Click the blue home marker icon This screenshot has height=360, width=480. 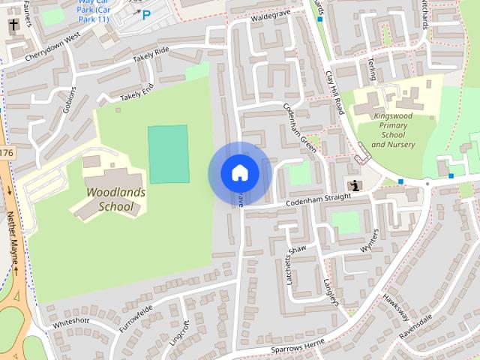pos(239,173)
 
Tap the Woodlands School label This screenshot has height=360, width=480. pos(115,199)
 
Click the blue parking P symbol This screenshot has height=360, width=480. pos(146,14)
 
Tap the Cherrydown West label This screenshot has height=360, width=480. pos(52,47)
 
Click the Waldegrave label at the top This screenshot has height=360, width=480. pos(271,16)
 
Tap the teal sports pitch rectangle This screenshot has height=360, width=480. pos(168,154)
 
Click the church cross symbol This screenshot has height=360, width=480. pos(13,25)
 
